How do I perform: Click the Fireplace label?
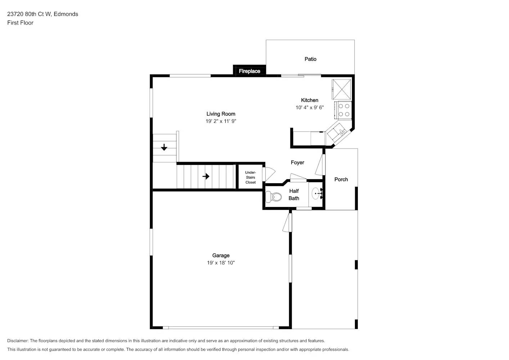[249, 71]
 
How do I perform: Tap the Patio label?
[310, 59]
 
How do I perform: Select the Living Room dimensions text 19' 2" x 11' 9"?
[221, 121]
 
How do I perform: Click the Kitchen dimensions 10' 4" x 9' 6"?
[310, 107]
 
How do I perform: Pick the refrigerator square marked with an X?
[341, 89]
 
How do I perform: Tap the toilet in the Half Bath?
[274, 197]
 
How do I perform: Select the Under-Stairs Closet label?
[251, 177]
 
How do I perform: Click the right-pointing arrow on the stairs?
[206, 176]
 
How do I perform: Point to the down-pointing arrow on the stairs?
[164, 147]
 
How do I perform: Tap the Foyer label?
[297, 163]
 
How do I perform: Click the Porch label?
[341, 179]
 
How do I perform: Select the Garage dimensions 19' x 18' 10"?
[221, 263]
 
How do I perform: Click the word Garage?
[221, 256]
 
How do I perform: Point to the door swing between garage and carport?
[287, 222]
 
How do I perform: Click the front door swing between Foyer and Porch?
[320, 165]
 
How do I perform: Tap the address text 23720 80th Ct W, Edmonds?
[42, 14]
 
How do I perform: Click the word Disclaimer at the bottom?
[18, 341]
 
